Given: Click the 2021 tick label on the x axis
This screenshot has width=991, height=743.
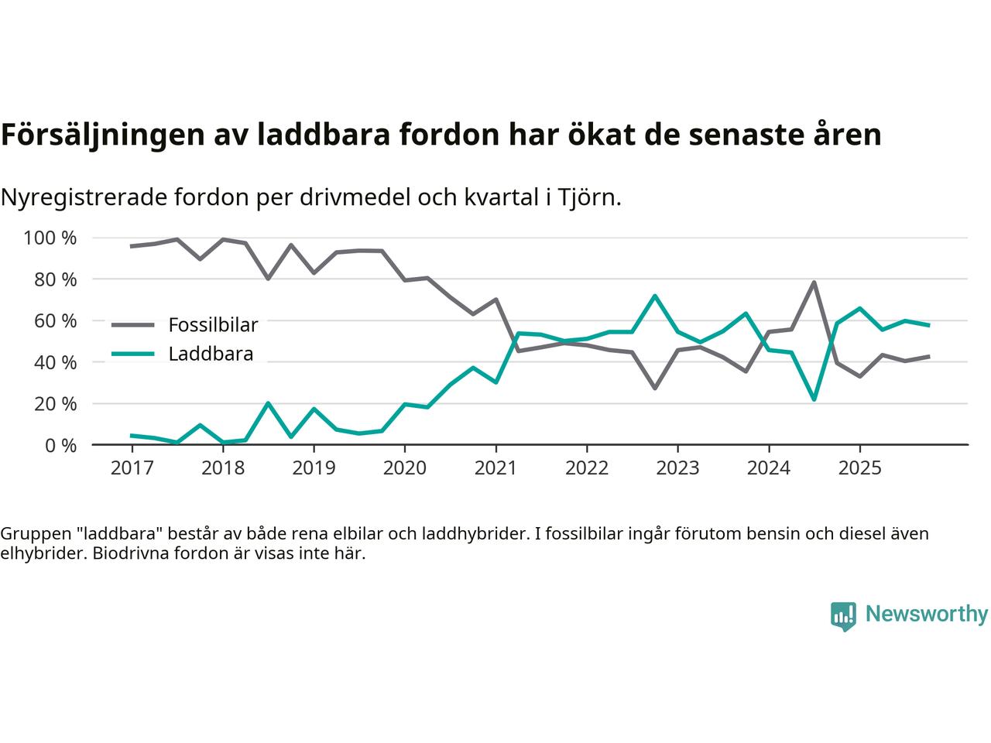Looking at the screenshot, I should pyautogui.click(x=495, y=468).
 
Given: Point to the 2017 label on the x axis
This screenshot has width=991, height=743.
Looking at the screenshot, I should pyautogui.click(x=132, y=468).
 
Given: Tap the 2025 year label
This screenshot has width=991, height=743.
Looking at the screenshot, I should pyautogui.click(x=859, y=468).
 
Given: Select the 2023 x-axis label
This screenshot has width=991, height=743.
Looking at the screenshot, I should pyautogui.click(x=677, y=468).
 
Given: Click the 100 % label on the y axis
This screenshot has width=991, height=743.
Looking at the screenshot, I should pyautogui.click(x=50, y=238).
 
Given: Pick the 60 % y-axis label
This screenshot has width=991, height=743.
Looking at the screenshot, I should pyautogui.click(x=55, y=320).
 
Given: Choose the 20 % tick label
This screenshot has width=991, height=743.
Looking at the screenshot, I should pyautogui.click(x=55, y=403).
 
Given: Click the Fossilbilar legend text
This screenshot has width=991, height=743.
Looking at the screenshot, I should pyautogui.click(x=213, y=324).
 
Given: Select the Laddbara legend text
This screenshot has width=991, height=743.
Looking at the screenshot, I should pyautogui.click(x=211, y=354).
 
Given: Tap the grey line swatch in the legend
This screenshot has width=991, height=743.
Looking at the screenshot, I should pyautogui.click(x=133, y=325).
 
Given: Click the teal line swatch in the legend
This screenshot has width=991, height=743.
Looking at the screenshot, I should pyautogui.click(x=133, y=354).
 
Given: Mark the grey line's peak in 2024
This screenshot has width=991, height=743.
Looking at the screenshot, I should pyautogui.click(x=814, y=282).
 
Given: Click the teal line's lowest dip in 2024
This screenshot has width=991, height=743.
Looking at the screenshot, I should pyautogui.click(x=814, y=399).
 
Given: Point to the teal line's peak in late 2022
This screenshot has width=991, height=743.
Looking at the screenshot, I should pyautogui.click(x=655, y=296).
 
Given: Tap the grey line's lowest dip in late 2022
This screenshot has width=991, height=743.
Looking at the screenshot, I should pyautogui.click(x=655, y=388).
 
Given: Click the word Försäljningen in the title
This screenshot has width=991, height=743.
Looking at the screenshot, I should pyautogui.click(x=101, y=135).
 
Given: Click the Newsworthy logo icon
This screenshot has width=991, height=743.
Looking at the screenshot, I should pyautogui.click(x=843, y=616).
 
